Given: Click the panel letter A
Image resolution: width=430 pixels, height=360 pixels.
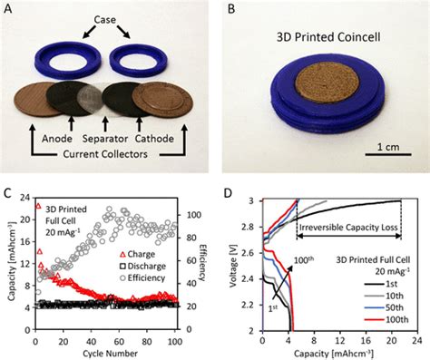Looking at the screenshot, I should pyautogui.click(x=8, y=8).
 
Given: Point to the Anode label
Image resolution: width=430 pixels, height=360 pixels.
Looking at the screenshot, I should pyautogui.click(x=53, y=141).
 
